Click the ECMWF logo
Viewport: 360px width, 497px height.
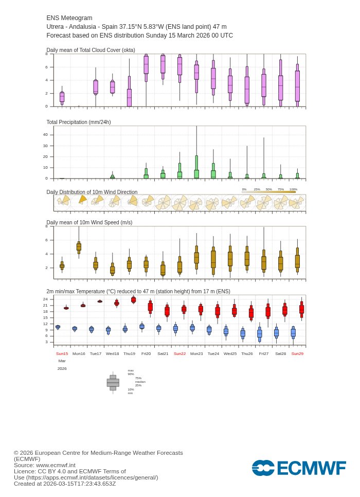299,468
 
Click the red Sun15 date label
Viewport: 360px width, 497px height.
62,354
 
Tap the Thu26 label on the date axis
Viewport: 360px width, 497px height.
247,354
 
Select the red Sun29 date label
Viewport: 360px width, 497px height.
297,354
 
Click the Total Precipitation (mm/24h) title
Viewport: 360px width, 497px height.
78,122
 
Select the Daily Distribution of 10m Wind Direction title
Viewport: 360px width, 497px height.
92,192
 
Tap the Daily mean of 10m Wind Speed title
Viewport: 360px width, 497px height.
89,222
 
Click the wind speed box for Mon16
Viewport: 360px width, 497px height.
79,246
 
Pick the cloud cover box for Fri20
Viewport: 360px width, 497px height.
146,66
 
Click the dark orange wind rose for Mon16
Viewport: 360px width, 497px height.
82,200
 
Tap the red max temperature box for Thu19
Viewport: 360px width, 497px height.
133,299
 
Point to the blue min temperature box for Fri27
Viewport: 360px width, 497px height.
260,334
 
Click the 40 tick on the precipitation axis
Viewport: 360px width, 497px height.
45,135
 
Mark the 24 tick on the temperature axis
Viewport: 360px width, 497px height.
45,299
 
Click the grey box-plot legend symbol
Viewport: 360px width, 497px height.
113,383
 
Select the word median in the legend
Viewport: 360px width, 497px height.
140,382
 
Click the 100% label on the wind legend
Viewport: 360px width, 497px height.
293,189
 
